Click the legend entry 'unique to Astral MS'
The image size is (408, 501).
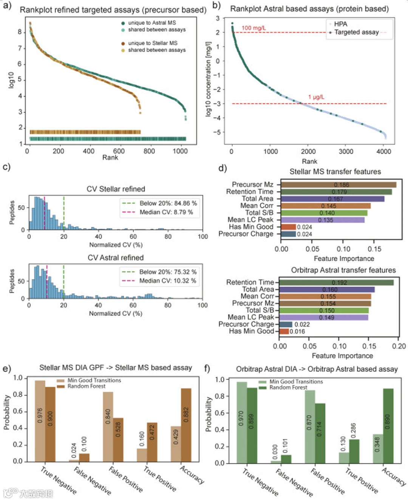[x=151, y=23]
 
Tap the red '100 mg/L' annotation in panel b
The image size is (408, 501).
[x=253, y=28]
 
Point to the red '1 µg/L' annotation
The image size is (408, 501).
[x=316, y=97]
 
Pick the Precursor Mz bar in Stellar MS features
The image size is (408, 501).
[x=338, y=185]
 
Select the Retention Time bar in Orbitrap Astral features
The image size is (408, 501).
[x=336, y=282]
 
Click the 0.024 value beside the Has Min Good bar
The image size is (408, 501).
[x=304, y=227]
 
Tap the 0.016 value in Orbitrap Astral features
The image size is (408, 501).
[x=297, y=332]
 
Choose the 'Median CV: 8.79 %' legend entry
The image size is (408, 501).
[x=166, y=212]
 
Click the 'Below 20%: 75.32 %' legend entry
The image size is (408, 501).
[x=167, y=272]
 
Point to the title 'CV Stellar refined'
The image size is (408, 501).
[x=116, y=189]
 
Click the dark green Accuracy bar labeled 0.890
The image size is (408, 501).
[x=388, y=426]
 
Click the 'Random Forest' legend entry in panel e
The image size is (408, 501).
[x=87, y=386]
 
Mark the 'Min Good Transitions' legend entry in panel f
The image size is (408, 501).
[x=296, y=382]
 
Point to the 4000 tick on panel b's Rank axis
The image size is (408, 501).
[x=384, y=152]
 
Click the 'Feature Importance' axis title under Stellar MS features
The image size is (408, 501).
[x=344, y=259]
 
